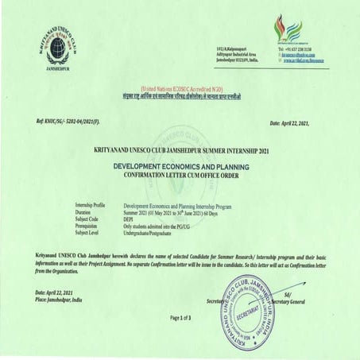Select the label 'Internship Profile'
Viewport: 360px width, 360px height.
[90, 204]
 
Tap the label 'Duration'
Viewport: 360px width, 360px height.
[83, 211]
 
